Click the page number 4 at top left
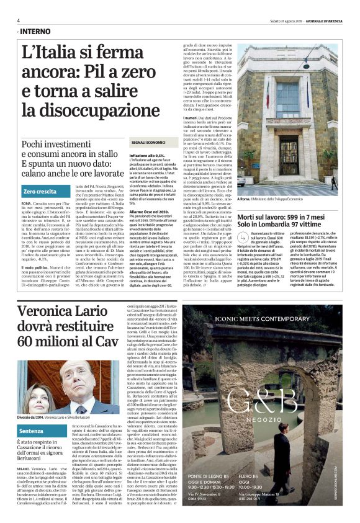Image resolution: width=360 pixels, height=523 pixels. [x=19, y=20]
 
